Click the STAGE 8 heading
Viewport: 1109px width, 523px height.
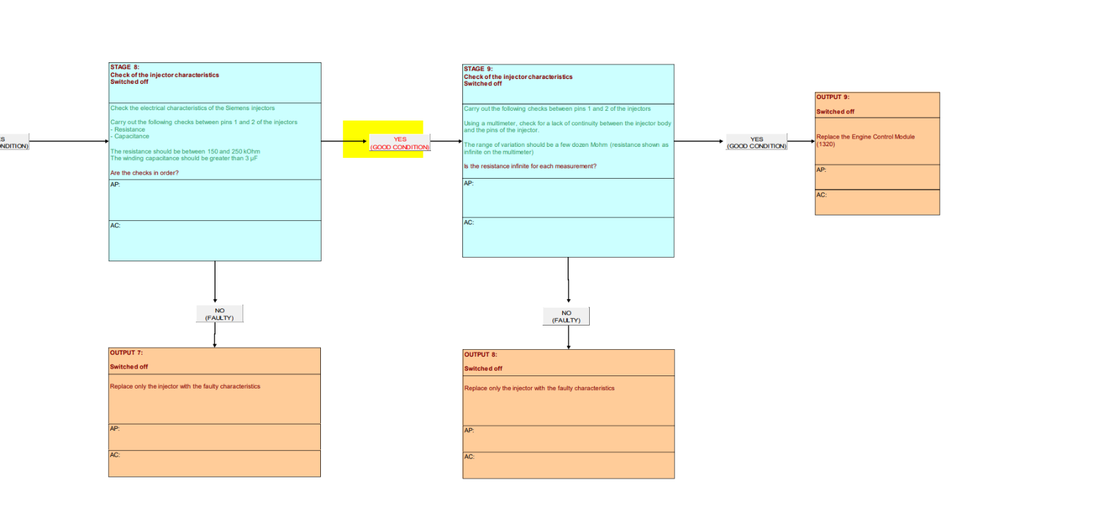click(x=125, y=67)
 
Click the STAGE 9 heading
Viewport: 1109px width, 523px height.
click(x=478, y=69)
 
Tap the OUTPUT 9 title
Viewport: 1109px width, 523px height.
click(x=832, y=97)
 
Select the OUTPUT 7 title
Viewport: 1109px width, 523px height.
click(x=126, y=353)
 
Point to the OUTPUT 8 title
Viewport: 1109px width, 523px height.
click(x=481, y=355)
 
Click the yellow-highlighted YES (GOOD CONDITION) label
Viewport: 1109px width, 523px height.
click(x=400, y=143)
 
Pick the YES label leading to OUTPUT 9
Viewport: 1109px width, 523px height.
click(x=756, y=143)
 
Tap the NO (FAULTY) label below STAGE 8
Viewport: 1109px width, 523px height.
click(x=219, y=314)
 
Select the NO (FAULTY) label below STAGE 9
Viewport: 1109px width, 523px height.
click(x=566, y=317)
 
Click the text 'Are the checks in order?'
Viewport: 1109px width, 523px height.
click(x=145, y=172)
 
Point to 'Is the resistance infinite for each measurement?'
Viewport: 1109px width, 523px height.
click(x=530, y=166)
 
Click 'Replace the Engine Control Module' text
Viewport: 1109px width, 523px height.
click(x=866, y=137)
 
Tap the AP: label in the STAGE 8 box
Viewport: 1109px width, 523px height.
click(x=115, y=184)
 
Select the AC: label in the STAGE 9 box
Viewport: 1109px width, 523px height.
click(x=469, y=222)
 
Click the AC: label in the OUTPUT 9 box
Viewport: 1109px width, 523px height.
click(x=821, y=195)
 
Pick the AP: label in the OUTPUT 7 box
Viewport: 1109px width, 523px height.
click(x=115, y=429)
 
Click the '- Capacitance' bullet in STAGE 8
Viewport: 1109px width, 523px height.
click(x=130, y=136)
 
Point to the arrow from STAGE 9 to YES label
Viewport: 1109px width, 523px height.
click(x=699, y=141)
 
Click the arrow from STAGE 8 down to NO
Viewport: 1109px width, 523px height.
click(x=215, y=282)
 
